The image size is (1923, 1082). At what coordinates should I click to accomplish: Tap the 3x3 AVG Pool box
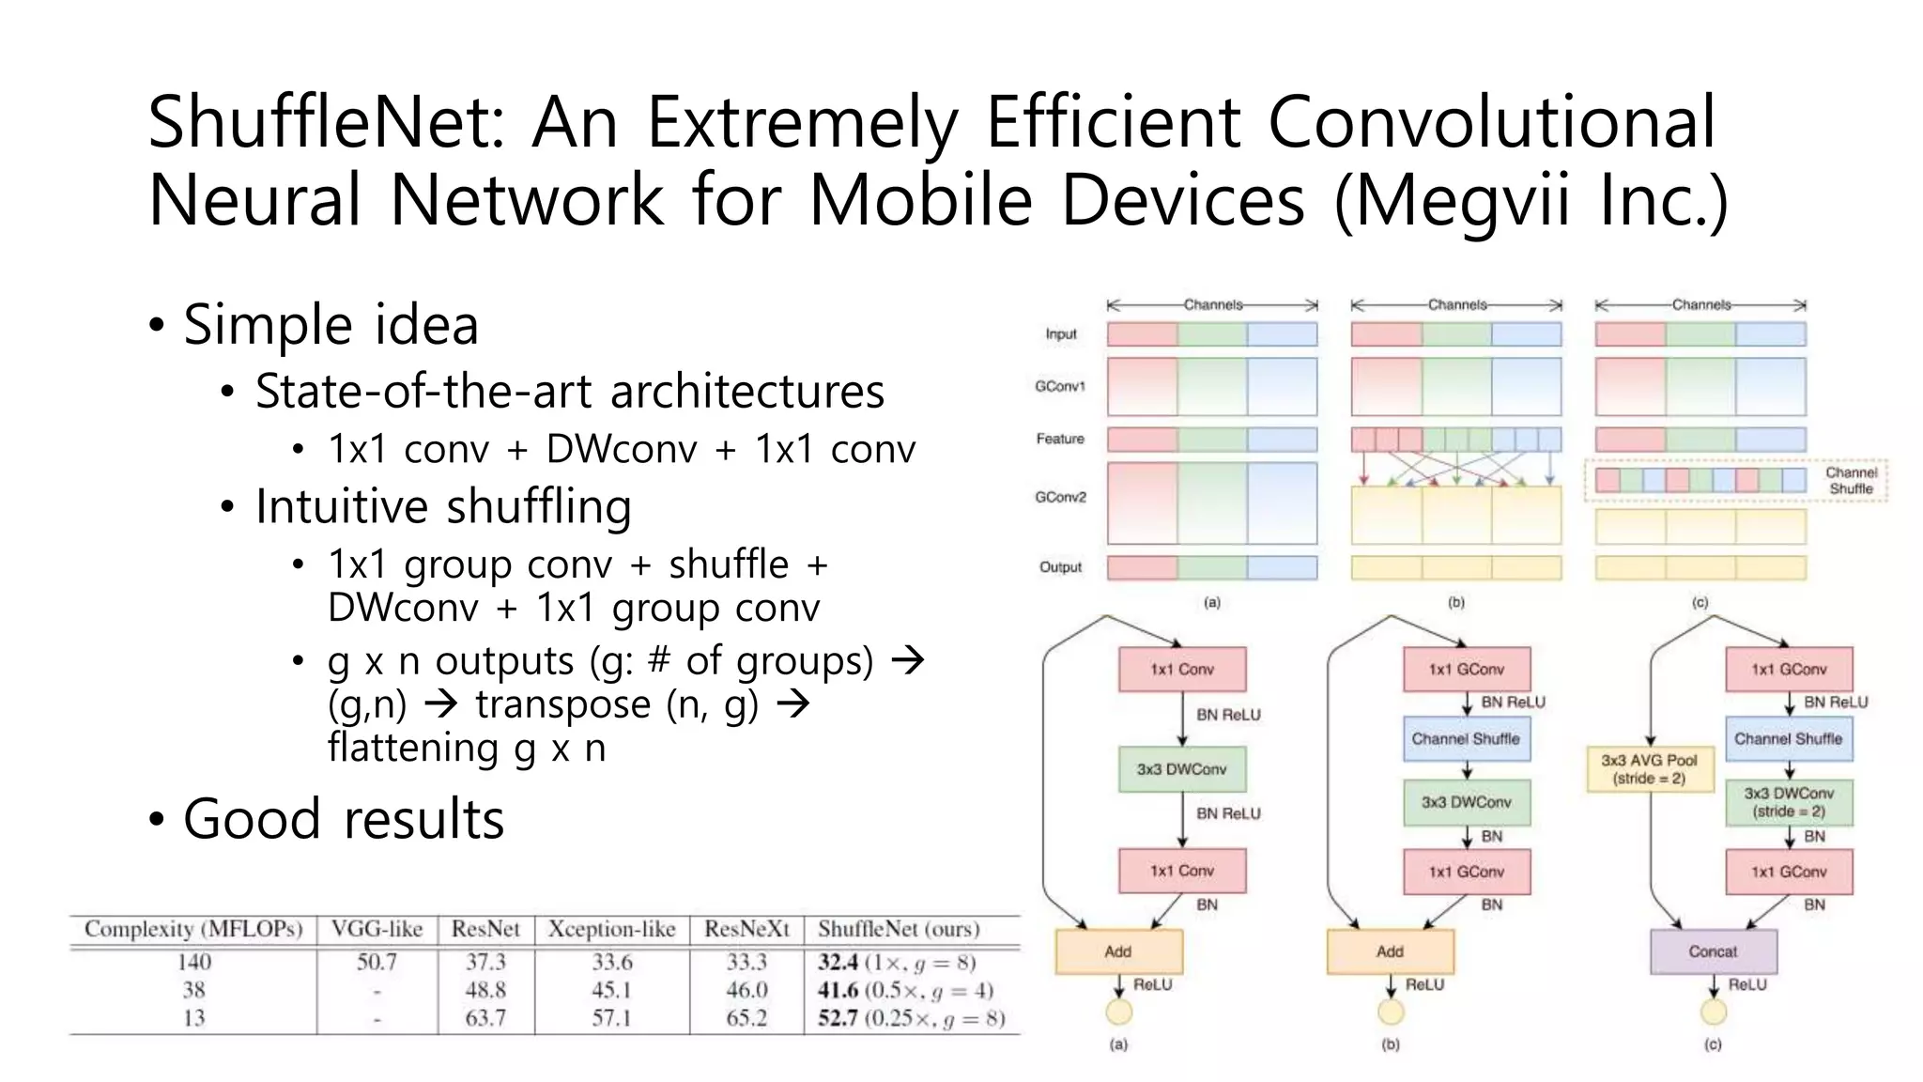(1649, 769)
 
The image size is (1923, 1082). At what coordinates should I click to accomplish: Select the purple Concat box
(1713, 951)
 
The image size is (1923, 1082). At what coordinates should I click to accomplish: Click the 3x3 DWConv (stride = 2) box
(1789, 802)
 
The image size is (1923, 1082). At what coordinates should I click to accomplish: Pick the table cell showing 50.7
(377, 962)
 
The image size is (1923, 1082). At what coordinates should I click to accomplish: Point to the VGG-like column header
(377, 929)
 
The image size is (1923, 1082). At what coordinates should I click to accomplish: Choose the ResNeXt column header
(746, 929)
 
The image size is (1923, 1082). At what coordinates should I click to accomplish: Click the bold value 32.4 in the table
(838, 962)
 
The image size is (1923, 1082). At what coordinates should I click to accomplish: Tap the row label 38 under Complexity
(193, 990)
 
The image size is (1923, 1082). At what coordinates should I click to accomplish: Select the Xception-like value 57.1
(611, 1018)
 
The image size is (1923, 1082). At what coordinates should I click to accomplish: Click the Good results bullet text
(344, 818)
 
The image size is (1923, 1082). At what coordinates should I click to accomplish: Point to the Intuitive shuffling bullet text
(443, 506)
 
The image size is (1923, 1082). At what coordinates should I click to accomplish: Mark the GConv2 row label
(1060, 497)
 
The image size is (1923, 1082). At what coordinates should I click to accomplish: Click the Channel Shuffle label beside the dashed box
(1851, 481)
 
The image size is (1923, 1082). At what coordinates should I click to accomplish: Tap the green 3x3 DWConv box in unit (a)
(1181, 769)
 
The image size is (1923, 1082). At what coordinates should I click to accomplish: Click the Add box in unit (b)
(1390, 951)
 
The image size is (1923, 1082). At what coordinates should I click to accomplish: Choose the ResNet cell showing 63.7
(485, 1018)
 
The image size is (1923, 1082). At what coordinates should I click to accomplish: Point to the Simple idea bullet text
(331, 325)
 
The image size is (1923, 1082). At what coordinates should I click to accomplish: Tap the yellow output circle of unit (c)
(1714, 1012)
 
